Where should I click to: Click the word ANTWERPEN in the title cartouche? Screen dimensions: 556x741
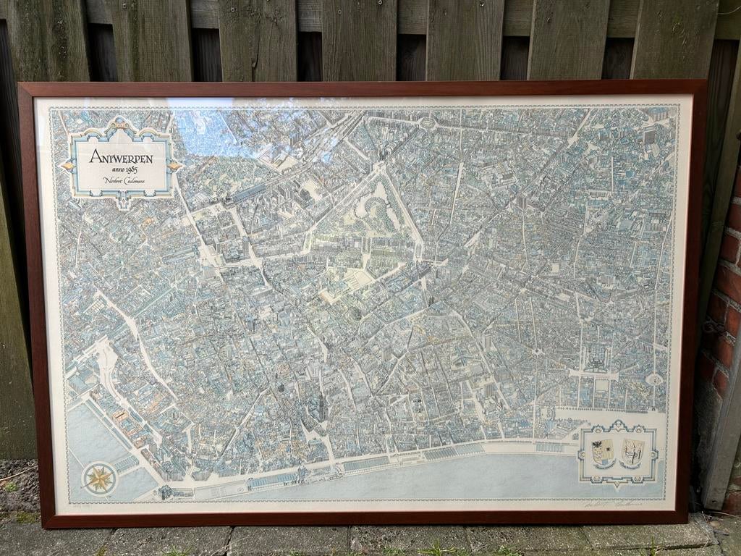(x=120, y=156)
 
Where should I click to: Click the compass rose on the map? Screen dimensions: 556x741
(x=99, y=479)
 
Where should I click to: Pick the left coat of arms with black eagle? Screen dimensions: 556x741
(x=603, y=452)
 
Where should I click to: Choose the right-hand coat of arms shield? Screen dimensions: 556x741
(x=632, y=452)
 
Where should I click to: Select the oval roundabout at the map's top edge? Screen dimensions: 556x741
(x=428, y=124)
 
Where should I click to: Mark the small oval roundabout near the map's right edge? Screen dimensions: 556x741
(x=654, y=379)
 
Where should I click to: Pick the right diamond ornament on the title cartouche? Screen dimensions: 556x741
(x=175, y=166)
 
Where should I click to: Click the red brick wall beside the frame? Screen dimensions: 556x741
(x=724, y=304)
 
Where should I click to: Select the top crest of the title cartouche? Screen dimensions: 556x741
(x=120, y=125)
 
